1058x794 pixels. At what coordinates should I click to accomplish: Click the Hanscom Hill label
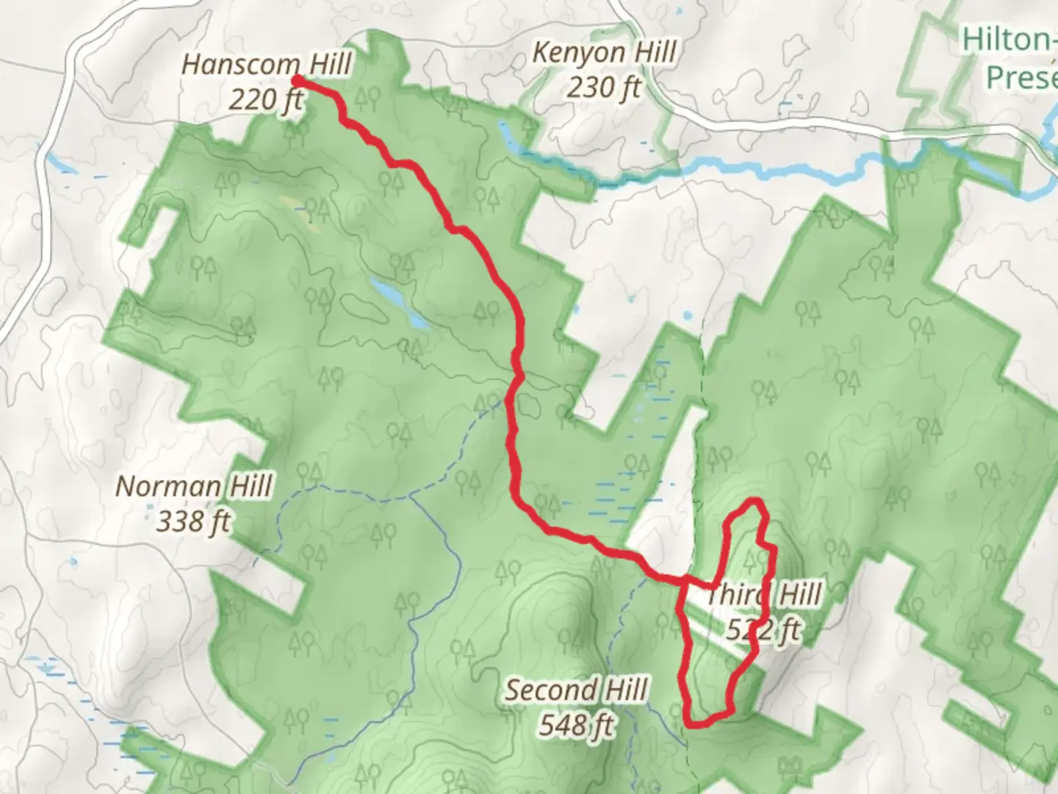[266, 65]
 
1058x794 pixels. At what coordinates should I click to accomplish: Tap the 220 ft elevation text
[266, 99]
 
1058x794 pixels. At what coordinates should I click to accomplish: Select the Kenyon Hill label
[603, 53]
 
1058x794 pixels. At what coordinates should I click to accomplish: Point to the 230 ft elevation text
[603, 87]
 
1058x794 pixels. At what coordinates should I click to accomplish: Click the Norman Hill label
[194, 487]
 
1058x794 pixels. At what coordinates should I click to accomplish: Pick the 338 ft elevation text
[194, 521]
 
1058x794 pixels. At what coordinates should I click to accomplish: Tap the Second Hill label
[576, 690]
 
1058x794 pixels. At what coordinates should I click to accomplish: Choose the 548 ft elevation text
[576, 725]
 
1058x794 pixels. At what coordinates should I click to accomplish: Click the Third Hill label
[764, 594]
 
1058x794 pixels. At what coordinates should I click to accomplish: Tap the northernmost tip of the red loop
[752, 502]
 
